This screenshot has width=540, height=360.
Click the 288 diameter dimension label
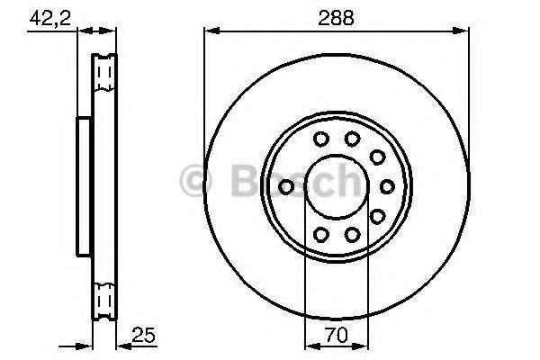click(336, 18)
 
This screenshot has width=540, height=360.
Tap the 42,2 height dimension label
click(50, 18)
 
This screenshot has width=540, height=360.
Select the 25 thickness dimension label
click(144, 335)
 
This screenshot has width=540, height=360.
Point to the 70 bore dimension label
click(337, 335)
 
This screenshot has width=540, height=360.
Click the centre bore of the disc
click(337, 186)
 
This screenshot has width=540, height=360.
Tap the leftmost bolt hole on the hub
click(286, 186)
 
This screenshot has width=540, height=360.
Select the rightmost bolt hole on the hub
click(387, 186)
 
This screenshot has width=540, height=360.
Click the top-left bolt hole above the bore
click(321, 139)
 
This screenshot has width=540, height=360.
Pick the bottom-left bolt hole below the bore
click(321, 235)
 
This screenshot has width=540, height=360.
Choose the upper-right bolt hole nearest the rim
click(377, 157)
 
